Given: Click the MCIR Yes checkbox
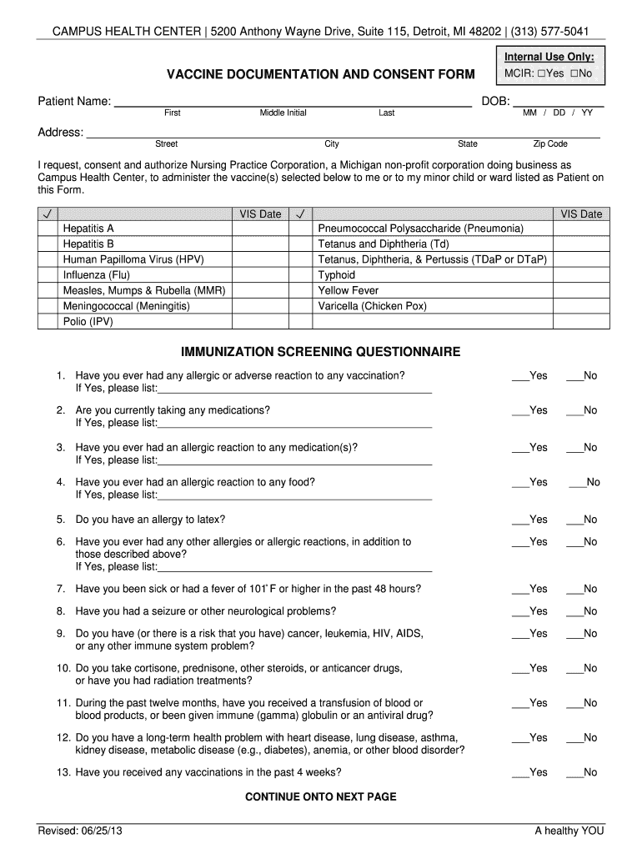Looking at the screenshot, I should point(541,74).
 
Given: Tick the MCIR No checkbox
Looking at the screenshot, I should point(575,74).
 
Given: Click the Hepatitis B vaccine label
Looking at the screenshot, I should point(88,244).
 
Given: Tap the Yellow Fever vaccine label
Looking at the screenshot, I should point(349,290).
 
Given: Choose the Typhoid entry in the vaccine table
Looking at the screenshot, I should point(337,275).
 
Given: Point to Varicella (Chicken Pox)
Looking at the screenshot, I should point(373,306).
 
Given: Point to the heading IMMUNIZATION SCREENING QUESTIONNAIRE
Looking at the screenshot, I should point(321,352).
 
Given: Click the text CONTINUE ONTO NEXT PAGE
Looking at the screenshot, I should point(321,796).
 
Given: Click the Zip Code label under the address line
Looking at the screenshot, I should point(550,144).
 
